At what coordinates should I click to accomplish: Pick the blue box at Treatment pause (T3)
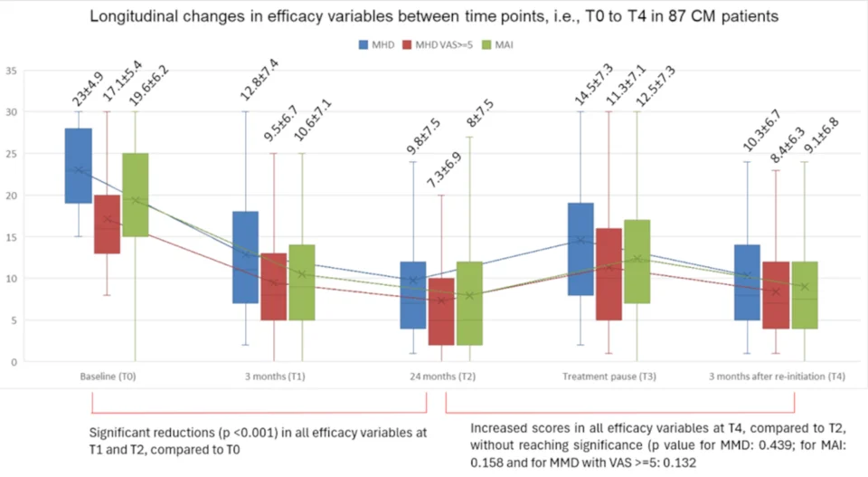580,249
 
